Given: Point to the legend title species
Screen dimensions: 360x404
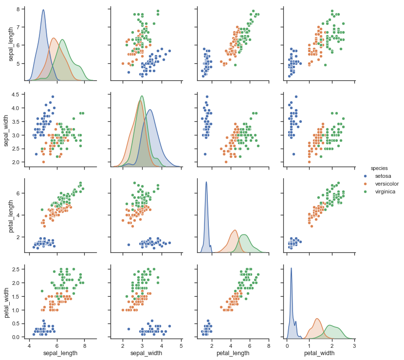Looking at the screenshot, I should click(x=379, y=168).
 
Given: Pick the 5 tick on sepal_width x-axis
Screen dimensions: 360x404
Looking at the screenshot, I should click(x=181, y=346).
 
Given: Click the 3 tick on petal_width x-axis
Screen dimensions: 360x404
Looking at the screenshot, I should click(x=354, y=346).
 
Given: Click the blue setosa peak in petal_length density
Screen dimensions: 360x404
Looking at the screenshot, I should click(x=206, y=182).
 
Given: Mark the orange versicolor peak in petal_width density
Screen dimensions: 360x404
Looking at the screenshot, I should click(x=317, y=319).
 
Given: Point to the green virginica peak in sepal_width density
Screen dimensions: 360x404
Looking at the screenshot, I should click(x=142, y=96).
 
